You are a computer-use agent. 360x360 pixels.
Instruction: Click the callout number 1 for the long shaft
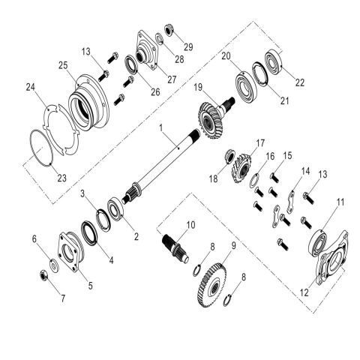pyautogui.click(x=161, y=127)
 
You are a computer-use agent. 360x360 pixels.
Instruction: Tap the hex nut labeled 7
pyautogui.click(x=44, y=275)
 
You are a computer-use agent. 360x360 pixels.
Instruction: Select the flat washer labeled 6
pyautogui.click(x=54, y=265)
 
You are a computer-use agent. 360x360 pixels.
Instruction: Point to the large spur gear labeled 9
pyautogui.click(x=213, y=285)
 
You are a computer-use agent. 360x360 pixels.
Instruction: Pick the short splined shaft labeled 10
pyautogui.click(x=175, y=247)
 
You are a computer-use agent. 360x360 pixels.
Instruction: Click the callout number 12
pyautogui.click(x=304, y=292)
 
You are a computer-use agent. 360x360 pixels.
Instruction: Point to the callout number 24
pyautogui.click(x=31, y=88)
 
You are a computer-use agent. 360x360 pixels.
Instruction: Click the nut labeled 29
pyautogui.click(x=169, y=30)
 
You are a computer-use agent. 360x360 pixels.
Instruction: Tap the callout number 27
pyautogui.click(x=172, y=79)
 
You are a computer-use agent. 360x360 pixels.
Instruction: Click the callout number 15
pyautogui.click(x=287, y=155)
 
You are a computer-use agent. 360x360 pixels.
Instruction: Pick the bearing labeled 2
pyautogui.click(x=115, y=209)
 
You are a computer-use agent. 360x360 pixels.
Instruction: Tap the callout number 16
pyautogui.click(x=270, y=157)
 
